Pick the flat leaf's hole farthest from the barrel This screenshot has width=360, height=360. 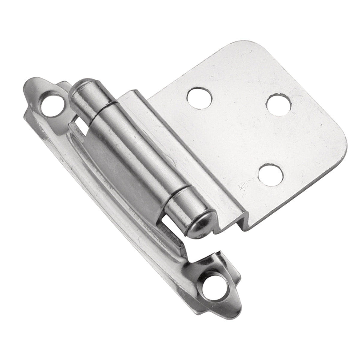point(279,105)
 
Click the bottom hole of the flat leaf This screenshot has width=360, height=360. point(271,175)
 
